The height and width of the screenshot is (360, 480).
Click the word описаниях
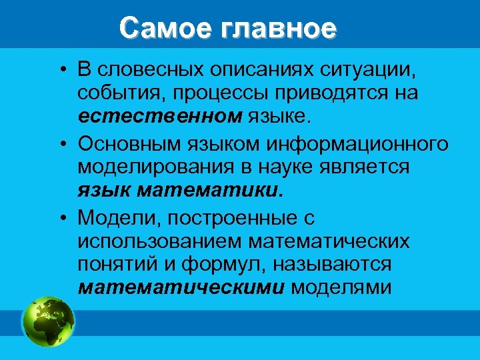(x=258, y=69)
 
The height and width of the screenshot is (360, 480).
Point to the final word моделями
(x=341, y=288)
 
